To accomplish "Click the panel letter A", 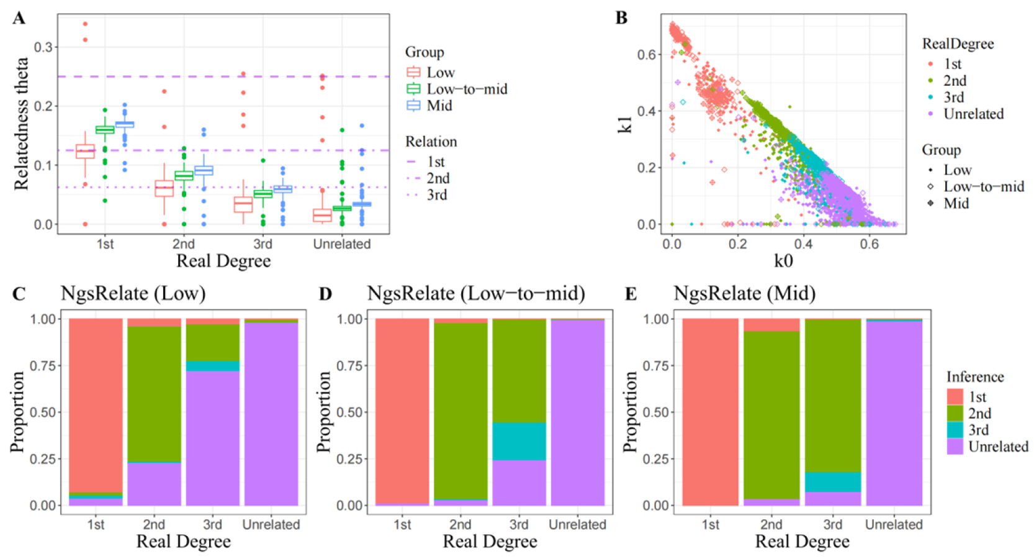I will tap(19, 18).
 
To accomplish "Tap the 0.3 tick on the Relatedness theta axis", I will tap(43, 47).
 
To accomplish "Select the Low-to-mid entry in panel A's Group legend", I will tap(467, 89).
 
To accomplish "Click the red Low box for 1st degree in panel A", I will tap(85, 151).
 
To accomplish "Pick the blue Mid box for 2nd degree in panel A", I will tap(204, 170).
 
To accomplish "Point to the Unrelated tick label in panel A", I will tap(341, 244).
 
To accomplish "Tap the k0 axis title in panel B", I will tap(783, 260).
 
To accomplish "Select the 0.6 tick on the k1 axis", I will tap(645, 55).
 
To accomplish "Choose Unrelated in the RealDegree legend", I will tap(973, 114).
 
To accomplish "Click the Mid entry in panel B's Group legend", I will tap(956, 204).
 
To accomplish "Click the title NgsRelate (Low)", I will tap(133, 293).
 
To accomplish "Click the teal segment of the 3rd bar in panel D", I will tap(519, 441).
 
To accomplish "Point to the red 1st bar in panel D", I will tap(402, 410).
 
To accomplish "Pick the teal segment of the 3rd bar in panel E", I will tap(832, 482).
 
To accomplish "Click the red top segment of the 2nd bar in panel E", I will tap(771, 325).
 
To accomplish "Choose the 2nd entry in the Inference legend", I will tap(979, 414).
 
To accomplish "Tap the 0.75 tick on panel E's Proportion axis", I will tap(657, 366).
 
